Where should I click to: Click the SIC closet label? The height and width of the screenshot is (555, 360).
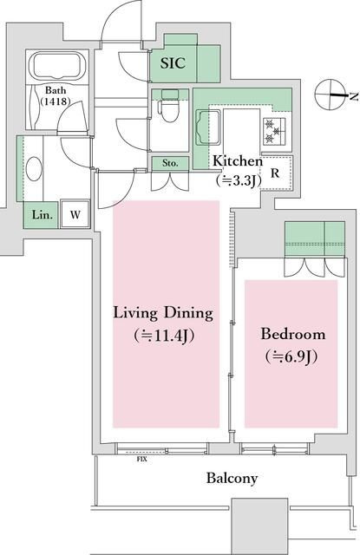(173, 63)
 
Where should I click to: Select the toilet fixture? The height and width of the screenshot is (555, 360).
(169, 105)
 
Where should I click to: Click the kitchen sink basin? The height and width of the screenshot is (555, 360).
(208, 127)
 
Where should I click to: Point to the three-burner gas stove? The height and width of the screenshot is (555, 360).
(273, 131)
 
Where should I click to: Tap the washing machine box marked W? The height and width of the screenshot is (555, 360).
(75, 214)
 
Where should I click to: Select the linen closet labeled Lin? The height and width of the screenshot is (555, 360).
(41, 215)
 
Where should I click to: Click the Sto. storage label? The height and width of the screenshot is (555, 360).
(170, 163)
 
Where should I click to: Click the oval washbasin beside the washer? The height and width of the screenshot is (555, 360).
(34, 169)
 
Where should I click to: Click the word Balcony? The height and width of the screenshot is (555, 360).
(232, 479)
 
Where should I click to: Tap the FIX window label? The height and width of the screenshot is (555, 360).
(141, 460)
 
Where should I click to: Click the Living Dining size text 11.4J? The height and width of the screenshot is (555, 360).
(164, 336)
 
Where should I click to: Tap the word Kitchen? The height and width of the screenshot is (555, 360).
(238, 161)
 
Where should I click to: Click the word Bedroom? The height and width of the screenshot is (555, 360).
(292, 334)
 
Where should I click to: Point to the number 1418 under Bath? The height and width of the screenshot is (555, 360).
(56, 101)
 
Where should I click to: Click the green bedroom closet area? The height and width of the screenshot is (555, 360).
(315, 239)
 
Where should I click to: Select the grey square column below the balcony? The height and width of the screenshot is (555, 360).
(259, 526)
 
